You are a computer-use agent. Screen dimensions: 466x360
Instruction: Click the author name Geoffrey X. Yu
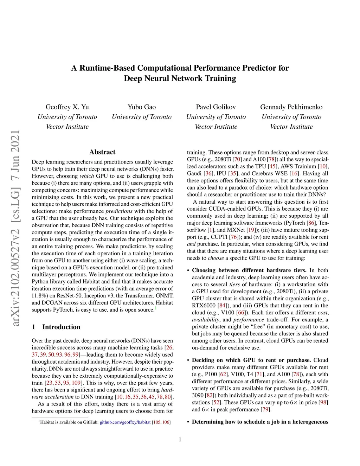pos(67,107)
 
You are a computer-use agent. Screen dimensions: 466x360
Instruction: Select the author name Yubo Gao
pos(142,107)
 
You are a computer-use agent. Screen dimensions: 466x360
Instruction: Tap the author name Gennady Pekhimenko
pos(291,107)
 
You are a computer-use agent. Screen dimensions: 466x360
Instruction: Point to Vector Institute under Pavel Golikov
pos(216,127)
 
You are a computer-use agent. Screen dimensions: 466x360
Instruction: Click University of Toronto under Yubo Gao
pos(142,117)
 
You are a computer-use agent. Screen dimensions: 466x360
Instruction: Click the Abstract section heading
pos(102,152)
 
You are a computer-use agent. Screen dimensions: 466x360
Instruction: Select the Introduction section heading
pos(61,327)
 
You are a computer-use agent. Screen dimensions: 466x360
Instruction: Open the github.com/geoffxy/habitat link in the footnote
pos(125,422)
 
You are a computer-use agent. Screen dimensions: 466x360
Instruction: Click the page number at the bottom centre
pos(180,439)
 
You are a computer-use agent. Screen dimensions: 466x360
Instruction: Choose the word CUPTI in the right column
pos(219,237)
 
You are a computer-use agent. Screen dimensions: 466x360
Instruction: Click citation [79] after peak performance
pos(266,409)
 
